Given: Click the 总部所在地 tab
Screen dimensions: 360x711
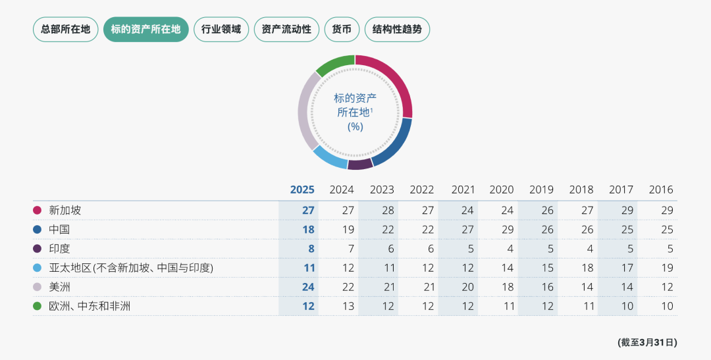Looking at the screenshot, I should click(66, 30).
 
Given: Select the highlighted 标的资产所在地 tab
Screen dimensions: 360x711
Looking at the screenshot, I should click(146, 30).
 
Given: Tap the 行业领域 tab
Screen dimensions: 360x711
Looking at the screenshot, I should click(221, 30).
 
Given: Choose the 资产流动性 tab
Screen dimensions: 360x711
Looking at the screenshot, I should click(286, 30).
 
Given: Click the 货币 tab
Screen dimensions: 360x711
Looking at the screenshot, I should click(342, 30).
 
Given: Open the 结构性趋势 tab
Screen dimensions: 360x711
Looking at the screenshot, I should click(397, 30).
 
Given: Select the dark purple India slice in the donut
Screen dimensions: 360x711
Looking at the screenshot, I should click(360, 164).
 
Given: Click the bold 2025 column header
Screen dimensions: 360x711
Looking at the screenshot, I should click(302, 190).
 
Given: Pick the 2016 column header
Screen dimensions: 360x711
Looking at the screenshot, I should click(661, 190).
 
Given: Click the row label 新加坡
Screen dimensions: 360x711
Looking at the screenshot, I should click(65, 211).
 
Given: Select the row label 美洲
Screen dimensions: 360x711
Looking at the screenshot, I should click(60, 287).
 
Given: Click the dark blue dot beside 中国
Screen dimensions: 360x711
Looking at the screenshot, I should click(38, 230).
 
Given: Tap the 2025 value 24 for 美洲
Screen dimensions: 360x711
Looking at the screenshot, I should click(308, 287).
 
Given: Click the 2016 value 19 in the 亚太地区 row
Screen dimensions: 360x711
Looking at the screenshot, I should click(666, 268).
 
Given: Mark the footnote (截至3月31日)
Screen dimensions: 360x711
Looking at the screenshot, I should click(647, 342).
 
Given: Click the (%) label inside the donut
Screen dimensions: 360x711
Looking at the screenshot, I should click(355, 126).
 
